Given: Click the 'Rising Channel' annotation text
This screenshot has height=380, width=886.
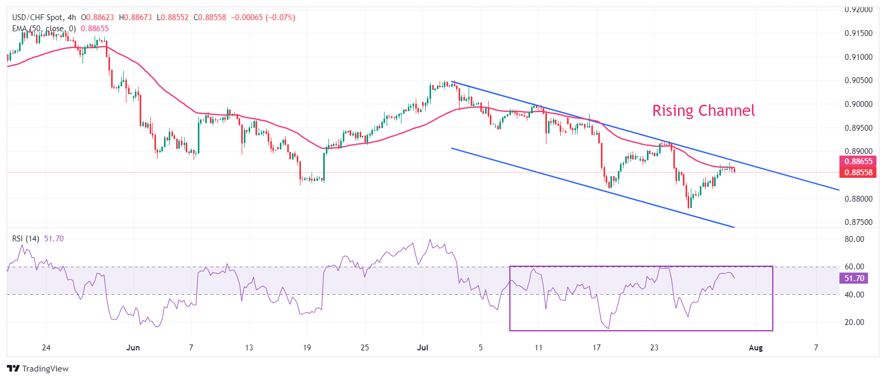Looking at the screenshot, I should [703, 111].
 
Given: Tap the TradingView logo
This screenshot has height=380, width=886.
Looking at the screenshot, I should [38, 368].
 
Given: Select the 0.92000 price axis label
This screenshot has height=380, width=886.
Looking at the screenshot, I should [858, 10].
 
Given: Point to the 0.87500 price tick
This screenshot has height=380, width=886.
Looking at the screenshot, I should [858, 222].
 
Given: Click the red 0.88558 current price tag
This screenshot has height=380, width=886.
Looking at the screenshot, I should [857, 173].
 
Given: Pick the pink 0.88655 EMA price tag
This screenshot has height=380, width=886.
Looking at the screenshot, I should [857, 161].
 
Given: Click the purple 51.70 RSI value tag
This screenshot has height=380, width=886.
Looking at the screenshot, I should [854, 278].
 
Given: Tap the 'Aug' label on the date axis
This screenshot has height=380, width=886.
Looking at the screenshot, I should [756, 348].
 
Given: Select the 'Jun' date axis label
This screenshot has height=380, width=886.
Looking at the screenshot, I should [133, 348].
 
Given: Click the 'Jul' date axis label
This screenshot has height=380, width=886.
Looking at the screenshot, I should [422, 348].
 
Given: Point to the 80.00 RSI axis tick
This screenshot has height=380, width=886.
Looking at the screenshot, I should [854, 239].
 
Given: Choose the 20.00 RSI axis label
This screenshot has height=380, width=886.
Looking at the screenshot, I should [854, 322].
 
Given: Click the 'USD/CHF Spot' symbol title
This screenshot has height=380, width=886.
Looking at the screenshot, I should [36, 17].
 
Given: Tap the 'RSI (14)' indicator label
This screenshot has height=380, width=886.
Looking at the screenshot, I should [25, 239].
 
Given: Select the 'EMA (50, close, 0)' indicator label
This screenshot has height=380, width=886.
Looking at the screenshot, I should [44, 29].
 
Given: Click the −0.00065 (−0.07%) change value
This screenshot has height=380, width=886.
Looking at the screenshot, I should [263, 17].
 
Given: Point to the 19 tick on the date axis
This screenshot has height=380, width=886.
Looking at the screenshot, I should [307, 348].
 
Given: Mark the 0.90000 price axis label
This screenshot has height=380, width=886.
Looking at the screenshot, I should [858, 104].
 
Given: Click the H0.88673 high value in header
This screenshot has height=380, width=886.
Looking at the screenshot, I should [135, 17].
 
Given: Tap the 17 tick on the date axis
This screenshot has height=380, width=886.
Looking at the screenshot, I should [596, 348].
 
